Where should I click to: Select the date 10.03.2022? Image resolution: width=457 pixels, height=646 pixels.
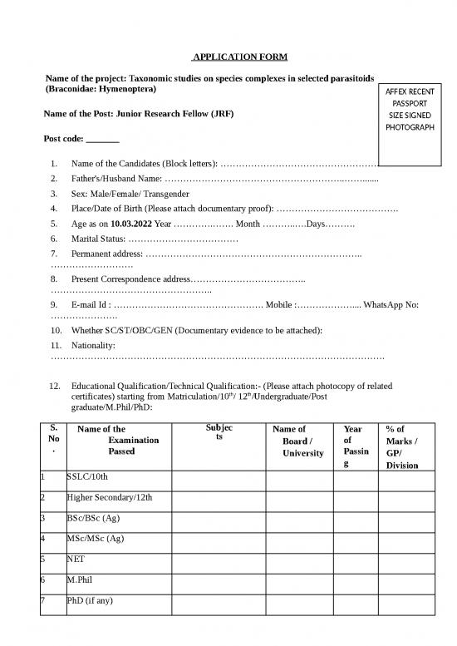pos(131,224)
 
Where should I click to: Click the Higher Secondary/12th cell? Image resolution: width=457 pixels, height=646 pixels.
pos(108,499)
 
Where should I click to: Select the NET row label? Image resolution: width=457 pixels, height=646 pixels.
pos(76,560)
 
